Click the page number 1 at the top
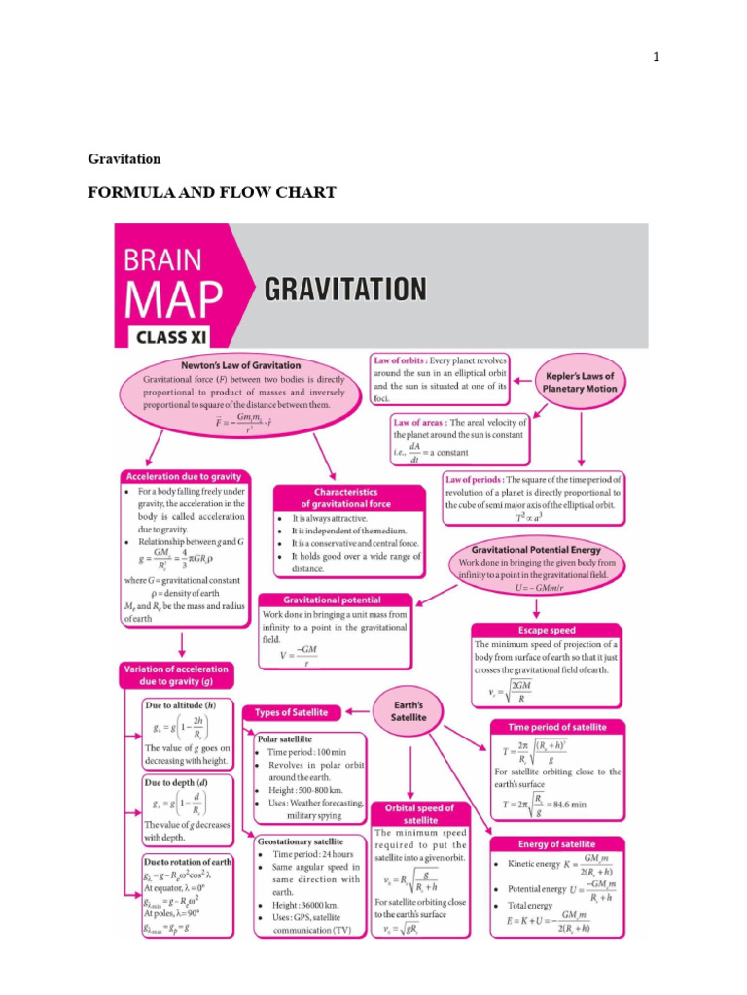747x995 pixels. [657, 57]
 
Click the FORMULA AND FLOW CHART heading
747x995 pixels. [212, 192]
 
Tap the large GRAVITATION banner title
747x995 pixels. [344, 290]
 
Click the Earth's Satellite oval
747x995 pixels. [409, 709]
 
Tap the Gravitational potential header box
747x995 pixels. [333, 600]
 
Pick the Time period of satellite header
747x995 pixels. [557, 727]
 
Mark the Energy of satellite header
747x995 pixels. [557, 843]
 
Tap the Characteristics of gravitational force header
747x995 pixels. [346, 498]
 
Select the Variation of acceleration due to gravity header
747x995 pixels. [176, 675]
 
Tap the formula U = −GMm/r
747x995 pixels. [533, 588]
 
